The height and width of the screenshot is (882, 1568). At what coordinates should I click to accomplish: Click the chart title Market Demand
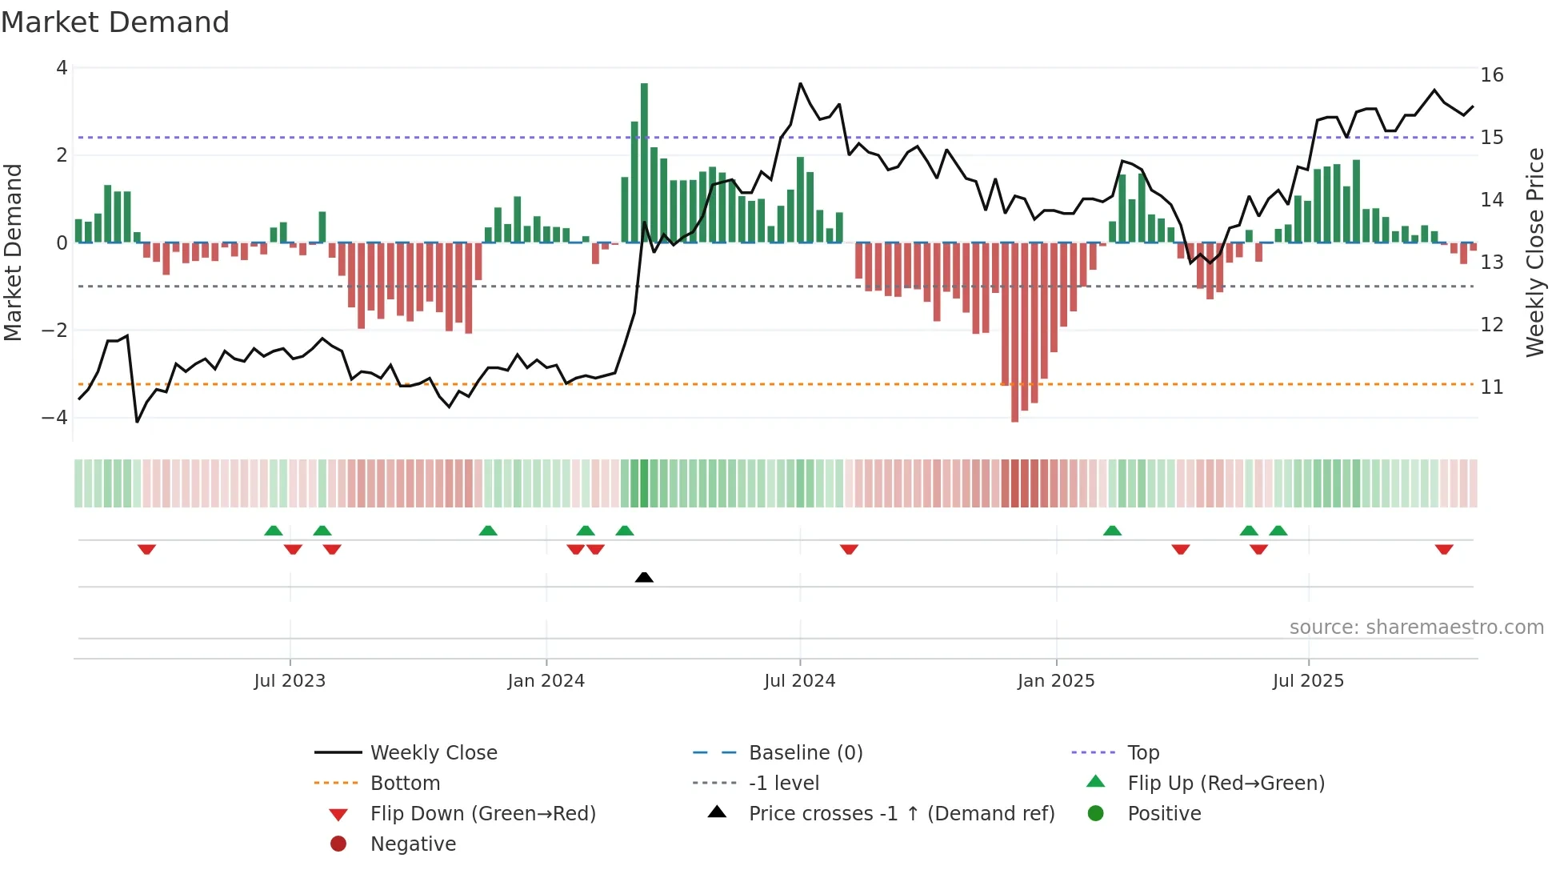click(115, 22)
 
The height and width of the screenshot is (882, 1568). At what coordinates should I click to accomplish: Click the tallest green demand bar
click(644, 160)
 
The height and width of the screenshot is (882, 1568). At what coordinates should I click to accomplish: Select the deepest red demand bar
click(1014, 332)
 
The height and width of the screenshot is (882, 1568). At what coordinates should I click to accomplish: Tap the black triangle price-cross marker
click(644, 577)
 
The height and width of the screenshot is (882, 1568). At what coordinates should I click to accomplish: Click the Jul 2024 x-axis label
click(799, 681)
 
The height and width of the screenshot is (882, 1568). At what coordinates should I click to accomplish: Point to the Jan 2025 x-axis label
click(1056, 681)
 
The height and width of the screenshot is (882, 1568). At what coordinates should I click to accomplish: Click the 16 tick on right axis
click(1491, 75)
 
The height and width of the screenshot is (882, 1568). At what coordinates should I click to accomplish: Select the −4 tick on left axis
click(55, 418)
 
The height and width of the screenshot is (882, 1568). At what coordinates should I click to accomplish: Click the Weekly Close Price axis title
click(1534, 252)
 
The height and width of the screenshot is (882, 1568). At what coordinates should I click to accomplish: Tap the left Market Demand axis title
click(13, 252)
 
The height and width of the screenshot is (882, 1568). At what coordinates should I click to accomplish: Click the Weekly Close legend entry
click(433, 753)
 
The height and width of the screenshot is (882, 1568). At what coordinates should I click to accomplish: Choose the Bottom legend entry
click(405, 784)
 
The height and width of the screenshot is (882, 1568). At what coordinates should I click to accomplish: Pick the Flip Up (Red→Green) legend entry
click(1226, 784)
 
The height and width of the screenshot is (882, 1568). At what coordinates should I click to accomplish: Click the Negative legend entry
click(413, 844)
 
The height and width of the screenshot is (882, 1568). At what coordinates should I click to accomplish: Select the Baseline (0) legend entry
click(805, 753)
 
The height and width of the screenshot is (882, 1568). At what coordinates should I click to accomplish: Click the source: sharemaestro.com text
click(1416, 627)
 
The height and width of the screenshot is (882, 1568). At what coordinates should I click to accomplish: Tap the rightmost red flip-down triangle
click(1443, 549)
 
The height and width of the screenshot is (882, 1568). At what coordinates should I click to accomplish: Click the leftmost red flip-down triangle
click(146, 549)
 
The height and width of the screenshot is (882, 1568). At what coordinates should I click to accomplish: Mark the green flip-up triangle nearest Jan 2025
click(1112, 531)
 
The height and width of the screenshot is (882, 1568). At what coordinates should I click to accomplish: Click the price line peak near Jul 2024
click(800, 83)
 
